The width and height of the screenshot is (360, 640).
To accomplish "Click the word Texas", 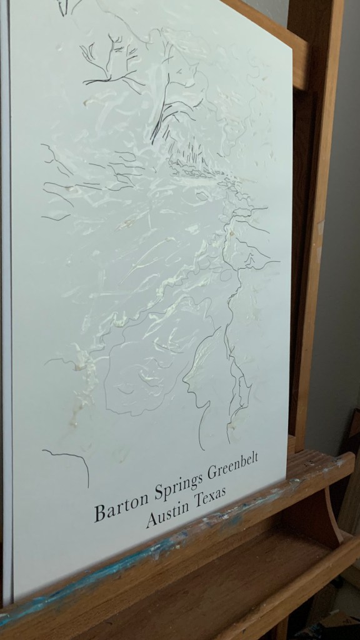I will point(209,497).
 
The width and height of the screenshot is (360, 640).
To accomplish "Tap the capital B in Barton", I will point(99,514).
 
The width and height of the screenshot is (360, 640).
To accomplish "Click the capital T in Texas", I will point(197,502).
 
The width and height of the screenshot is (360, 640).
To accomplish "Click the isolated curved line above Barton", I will point(69,459).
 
